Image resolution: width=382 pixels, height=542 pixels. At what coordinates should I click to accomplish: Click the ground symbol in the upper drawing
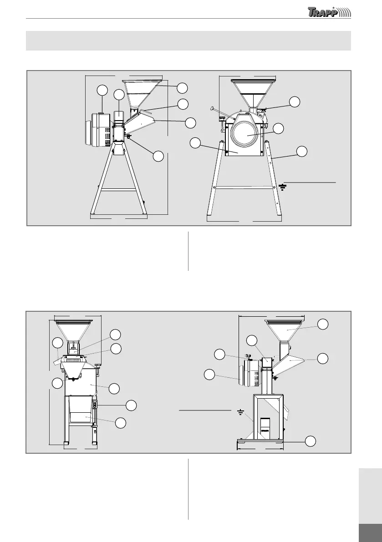(282, 187)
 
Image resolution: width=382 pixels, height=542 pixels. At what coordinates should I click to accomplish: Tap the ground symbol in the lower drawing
(240, 413)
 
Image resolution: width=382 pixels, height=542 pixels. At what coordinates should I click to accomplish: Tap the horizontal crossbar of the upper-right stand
(246, 187)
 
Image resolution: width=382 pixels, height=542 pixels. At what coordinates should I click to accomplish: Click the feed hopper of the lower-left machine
(73, 330)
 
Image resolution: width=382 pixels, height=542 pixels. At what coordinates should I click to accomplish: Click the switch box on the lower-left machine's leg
(95, 405)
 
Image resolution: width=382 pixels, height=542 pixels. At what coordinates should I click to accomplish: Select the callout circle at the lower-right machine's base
(310, 441)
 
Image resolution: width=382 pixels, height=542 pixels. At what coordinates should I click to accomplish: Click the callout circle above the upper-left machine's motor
(102, 90)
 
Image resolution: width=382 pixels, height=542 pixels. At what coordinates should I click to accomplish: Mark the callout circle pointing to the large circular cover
(278, 128)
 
